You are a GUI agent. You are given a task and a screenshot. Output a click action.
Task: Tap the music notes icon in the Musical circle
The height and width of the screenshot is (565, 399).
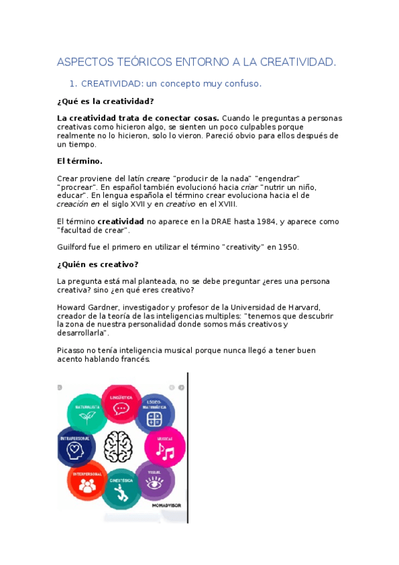[x=164, y=452]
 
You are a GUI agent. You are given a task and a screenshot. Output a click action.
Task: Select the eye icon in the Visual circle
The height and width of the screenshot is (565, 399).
[x=155, y=484]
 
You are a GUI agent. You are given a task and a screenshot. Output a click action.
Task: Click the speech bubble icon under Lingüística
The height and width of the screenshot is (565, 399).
[x=121, y=408]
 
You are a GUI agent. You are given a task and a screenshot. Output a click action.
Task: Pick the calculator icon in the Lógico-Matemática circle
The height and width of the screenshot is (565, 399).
[x=154, y=418]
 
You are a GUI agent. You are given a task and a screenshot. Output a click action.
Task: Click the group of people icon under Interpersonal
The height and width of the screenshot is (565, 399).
[x=87, y=486]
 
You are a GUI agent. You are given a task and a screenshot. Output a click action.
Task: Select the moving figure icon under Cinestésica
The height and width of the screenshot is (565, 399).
[x=121, y=494]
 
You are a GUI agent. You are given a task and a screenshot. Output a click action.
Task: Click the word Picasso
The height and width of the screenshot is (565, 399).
[x=72, y=350]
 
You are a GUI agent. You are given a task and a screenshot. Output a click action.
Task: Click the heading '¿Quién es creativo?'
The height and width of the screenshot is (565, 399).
[x=98, y=264]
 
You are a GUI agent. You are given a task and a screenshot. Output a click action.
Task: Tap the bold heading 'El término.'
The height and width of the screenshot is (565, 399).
[x=80, y=161]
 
